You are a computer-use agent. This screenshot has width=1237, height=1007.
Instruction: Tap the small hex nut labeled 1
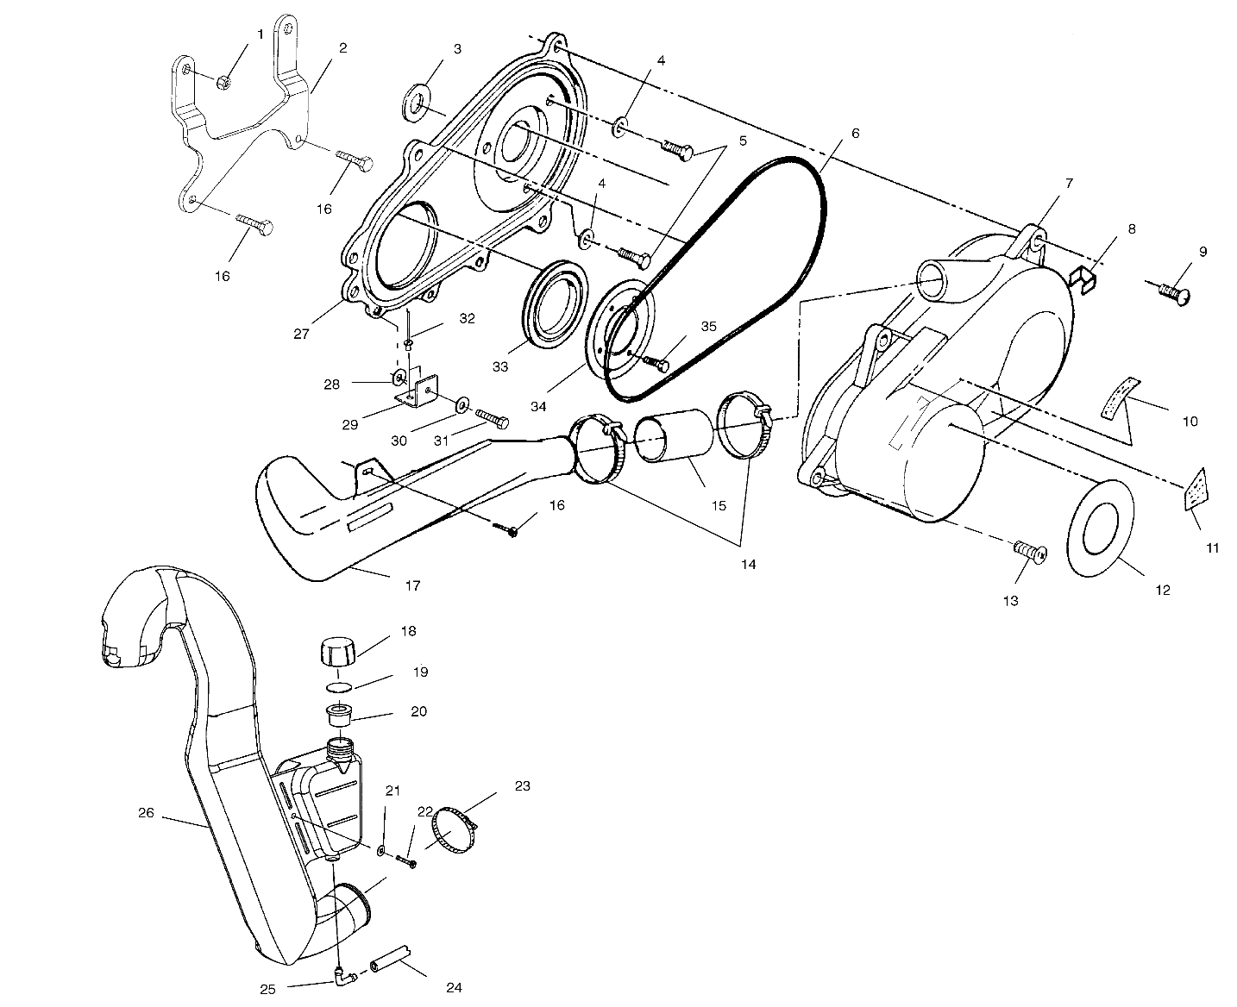point(221,83)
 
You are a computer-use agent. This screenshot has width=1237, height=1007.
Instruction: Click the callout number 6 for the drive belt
point(855,134)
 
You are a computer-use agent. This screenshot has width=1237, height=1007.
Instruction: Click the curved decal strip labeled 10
point(1118,397)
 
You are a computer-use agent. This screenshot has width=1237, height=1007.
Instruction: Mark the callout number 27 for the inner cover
point(300,334)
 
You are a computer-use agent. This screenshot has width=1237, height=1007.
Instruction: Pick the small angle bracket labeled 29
point(418,392)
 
